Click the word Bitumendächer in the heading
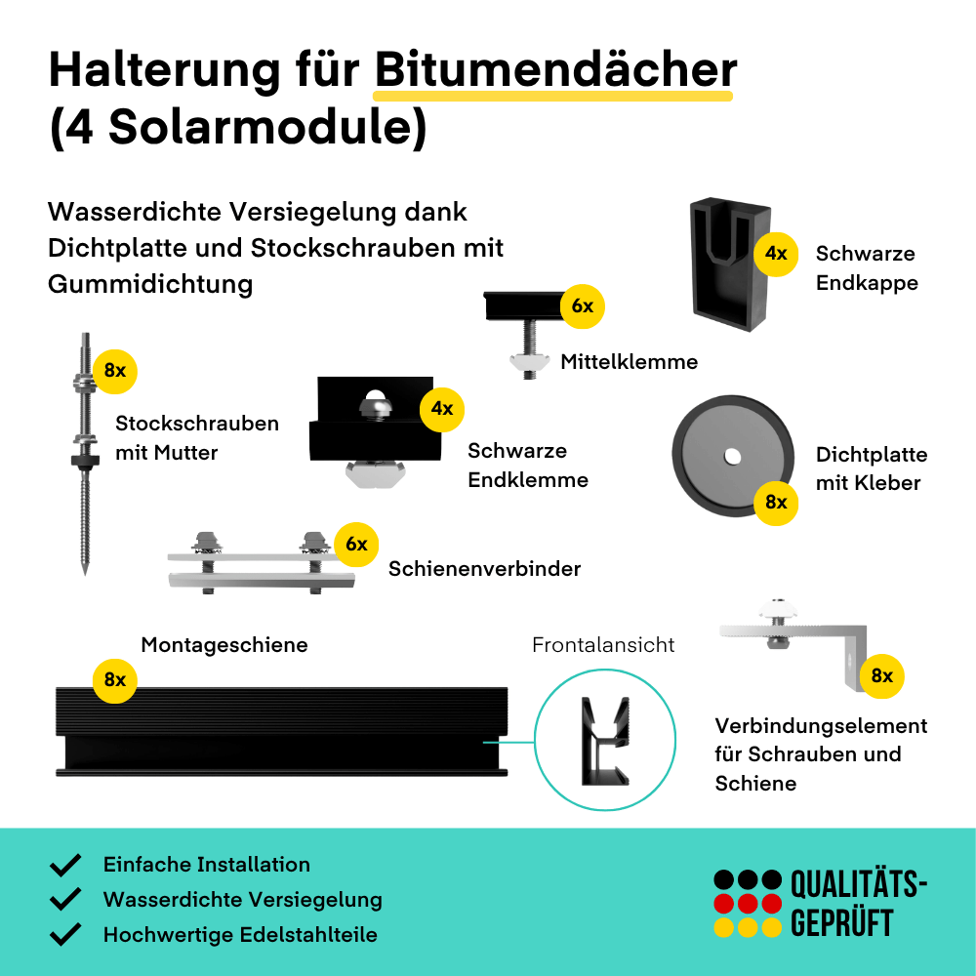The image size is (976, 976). coord(556,69)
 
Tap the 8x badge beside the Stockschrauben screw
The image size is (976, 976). coord(115,371)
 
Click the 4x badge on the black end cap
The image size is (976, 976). coord(776,254)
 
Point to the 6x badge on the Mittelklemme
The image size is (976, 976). coord(583,306)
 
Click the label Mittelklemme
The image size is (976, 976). coord(630,362)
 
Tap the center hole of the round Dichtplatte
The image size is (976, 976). coord(733,457)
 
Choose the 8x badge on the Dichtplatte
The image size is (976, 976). coord(776,503)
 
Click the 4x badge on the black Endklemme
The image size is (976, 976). coord(442,409)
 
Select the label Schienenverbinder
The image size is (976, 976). coord(484,568)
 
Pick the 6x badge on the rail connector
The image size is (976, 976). coord(356,544)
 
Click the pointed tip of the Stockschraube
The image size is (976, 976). coord(85,574)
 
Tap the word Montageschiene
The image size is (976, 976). coord(224,645)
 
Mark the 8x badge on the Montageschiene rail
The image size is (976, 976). coord(115,680)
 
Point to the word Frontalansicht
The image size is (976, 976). coord(603,645)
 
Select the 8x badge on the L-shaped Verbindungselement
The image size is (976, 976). coord(882,676)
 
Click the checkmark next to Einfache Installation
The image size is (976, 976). coord(65,865)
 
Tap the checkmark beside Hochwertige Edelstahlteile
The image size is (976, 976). coord(65,934)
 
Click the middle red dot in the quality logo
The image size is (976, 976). coord(747,904)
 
